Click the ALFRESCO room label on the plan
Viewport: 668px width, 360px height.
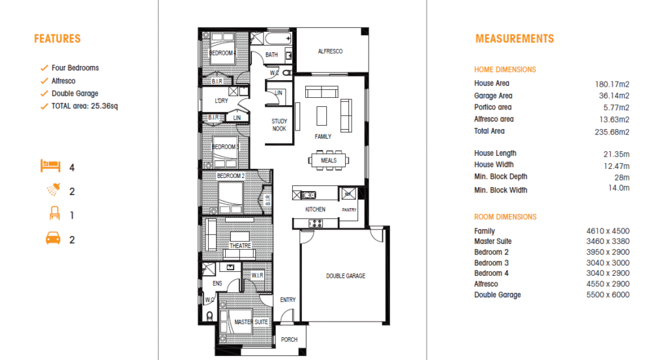(330, 51)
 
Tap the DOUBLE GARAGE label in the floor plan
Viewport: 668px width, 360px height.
(346, 276)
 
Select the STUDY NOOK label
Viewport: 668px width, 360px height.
(279, 125)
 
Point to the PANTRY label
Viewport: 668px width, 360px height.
(349, 209)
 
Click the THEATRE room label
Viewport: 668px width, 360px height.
(240, 246)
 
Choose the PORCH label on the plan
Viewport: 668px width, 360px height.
(289, 340)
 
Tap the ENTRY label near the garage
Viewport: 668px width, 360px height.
(288, 300)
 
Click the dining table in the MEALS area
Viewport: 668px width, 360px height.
(329, 160)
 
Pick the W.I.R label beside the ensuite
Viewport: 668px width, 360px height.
(257, 275)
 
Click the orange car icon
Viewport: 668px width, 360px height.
(53, 238)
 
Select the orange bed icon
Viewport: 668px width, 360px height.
(50, 166)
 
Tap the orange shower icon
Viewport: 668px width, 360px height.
(53, 189)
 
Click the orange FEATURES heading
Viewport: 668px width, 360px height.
(57, 38)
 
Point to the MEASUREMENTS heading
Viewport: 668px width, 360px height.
(515, 38)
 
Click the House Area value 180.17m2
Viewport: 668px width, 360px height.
(612, 84)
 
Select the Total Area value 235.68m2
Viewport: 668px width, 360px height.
(612, 132)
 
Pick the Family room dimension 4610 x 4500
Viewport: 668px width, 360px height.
(607, 231)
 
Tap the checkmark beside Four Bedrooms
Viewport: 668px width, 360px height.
(44, 68)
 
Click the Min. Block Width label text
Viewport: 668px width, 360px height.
(500, 190)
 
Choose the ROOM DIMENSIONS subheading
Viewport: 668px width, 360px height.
(506, 217)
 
